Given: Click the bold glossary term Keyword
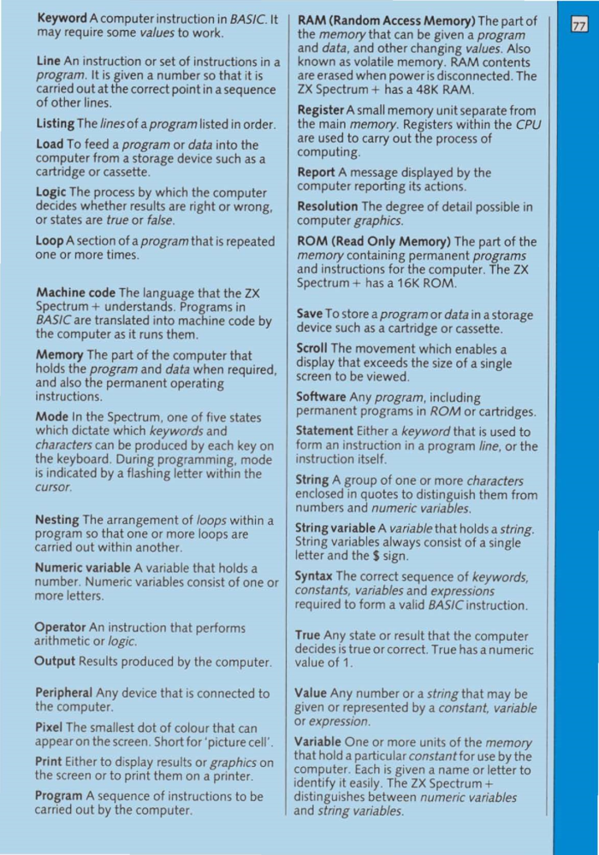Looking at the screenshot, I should (x=62, y=18).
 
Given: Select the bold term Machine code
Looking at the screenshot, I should (x=76, y=292).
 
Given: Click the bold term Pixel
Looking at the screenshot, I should (x=50, y=728).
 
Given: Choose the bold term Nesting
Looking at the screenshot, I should (x=57, y=519).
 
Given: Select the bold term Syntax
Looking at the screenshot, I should (x=315, y=576).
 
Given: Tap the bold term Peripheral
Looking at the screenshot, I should (x=64, y=693).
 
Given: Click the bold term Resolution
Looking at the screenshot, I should (x=327, y=207).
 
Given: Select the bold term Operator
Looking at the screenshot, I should (x=61, y=628).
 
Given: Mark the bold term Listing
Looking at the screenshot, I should (x=55, y=124).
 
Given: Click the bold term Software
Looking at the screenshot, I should (x=321, y=397).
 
